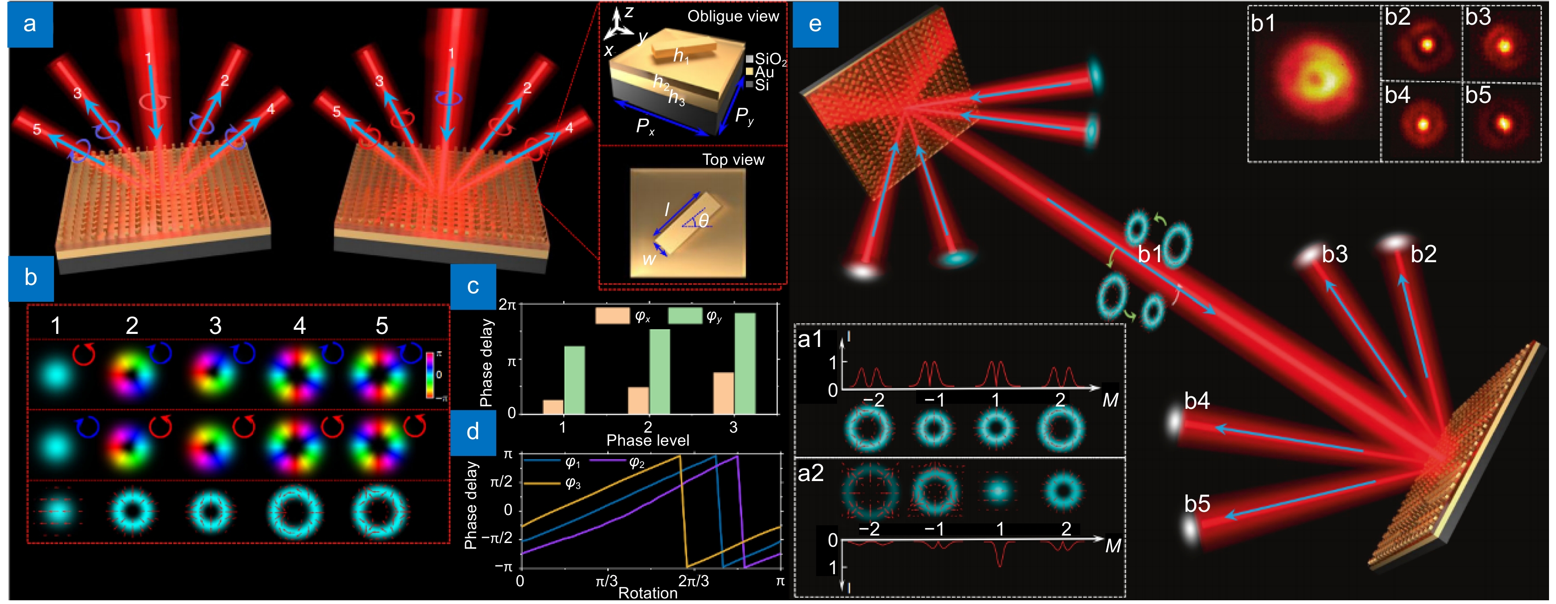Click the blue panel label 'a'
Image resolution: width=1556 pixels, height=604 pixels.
pyautogui.click(x=30, y=25)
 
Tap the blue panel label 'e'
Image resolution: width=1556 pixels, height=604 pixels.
pyautogui.click(x=815, y=25)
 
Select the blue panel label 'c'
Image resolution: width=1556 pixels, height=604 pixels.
pyautogui.click(x=473, y=286)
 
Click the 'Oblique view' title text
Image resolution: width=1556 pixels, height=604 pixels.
pyautogui.click(x=733, y=16)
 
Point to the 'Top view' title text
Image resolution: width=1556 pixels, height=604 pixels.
pyautogui.click(x=733, y=160)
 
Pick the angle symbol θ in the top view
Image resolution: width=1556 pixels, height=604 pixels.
pyautogui.click(x=703, y=221)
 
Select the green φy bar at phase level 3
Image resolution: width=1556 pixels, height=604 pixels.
pyautogui.click(x=745, y=363)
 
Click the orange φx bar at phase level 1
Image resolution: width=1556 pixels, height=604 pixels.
pyautogui.click(x=553, y=407)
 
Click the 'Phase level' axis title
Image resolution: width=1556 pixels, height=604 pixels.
pyautogui.click(x=647, y=440)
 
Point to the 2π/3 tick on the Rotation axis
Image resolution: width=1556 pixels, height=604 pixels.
pyautogui.click(x=693, y=581)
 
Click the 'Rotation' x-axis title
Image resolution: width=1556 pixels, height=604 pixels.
pyautogui.click(x=647, y=593)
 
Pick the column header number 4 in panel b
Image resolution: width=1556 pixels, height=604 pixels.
pyautogui.click(x=299, y=326)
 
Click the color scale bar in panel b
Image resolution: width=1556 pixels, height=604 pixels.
pyautogui.click(x=430, y=375)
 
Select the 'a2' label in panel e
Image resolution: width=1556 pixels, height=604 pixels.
pyautogui.click(x=810, y=473)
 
